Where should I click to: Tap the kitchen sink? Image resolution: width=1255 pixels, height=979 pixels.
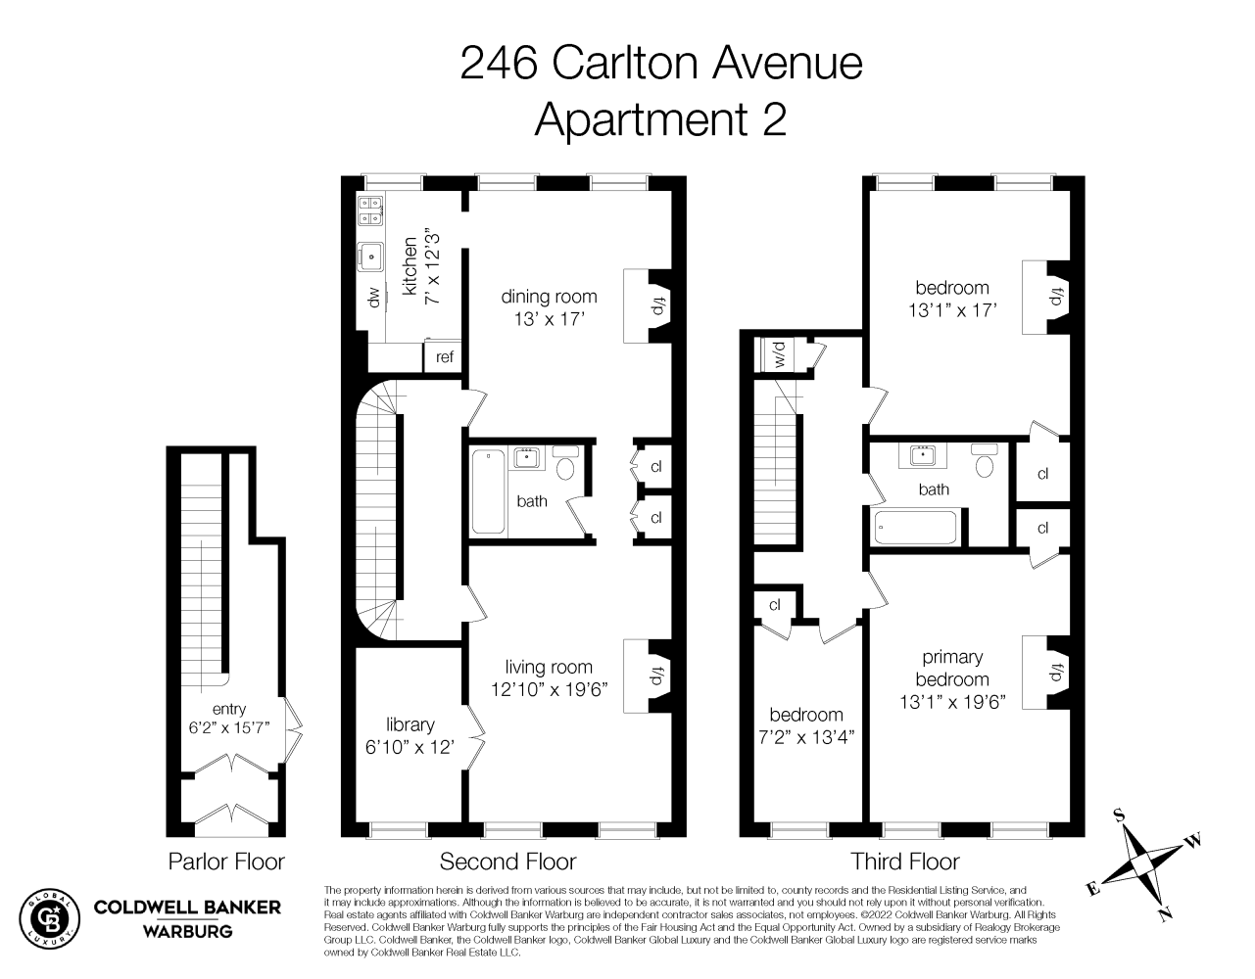[x=372, y=256]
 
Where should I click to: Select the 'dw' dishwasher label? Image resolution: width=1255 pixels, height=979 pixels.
[x=373, y=298]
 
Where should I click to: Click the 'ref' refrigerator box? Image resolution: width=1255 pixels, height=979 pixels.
[x=445, y=357]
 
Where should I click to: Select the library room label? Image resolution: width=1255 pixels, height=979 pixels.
[x=410, y=724]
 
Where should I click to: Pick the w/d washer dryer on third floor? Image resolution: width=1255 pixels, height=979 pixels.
[x=780, y=353]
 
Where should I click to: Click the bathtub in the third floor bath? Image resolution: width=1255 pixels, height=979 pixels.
[x=916, y=529]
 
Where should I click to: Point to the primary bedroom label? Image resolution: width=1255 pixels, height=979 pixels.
[x=952, y=669]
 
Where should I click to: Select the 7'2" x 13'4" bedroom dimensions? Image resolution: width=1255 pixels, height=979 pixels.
[x=806, y=737]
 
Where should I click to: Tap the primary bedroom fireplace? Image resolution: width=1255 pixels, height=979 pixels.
[x=1057, y=674]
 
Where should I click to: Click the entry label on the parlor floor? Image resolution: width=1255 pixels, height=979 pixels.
[x=228, y=709]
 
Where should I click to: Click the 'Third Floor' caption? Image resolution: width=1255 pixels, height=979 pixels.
[x=904, y=862]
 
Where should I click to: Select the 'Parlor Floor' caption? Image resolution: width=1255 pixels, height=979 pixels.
[x=226, y=862]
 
